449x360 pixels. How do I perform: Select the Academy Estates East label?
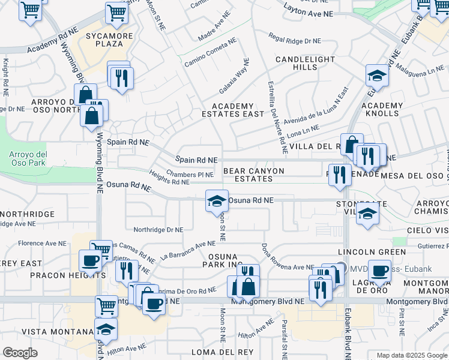click(233, 110)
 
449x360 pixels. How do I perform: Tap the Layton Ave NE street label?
click(308, 13)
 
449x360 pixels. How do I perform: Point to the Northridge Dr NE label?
click(158, 229)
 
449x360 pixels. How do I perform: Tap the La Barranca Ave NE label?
click(187, 251)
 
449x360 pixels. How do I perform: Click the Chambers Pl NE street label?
click(190, 175)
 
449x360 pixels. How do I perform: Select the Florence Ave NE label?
click(41, 243)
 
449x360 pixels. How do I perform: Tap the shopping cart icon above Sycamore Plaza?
click(116, 11)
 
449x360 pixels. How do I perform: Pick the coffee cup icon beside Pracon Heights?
click(91, 260)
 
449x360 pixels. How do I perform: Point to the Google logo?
click(20, 353)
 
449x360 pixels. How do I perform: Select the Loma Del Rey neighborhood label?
click(215, 352)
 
